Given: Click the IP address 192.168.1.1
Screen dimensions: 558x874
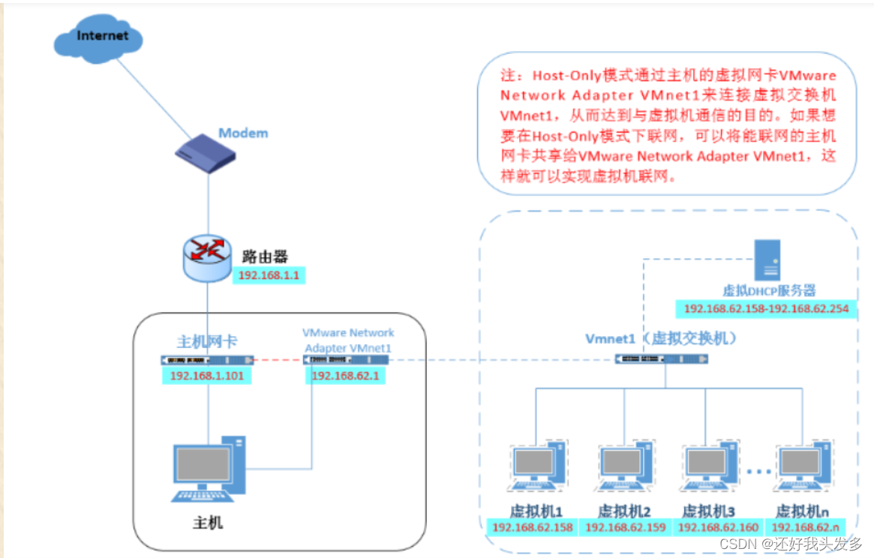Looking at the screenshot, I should [269, 276].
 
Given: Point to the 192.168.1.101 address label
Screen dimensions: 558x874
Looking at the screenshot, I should [206, 376].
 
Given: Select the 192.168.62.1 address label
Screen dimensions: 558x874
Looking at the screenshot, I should [345, 376].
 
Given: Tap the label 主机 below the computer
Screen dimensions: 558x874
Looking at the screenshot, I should [208, 522].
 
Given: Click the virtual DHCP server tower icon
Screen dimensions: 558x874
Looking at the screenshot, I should [767, 260].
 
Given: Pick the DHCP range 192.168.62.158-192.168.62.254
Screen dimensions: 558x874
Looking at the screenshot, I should [765, 309].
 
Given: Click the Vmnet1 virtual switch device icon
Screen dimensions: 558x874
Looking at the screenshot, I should [661, 359].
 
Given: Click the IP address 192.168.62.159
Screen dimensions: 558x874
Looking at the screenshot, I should [626, 527].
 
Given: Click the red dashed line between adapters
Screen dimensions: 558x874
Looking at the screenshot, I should [278, 359].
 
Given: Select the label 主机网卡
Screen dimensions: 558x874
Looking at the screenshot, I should [207, 341].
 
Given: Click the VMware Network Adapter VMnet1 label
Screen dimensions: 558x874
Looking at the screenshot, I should [348, 340].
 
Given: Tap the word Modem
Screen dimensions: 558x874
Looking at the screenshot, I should [243, 133].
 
